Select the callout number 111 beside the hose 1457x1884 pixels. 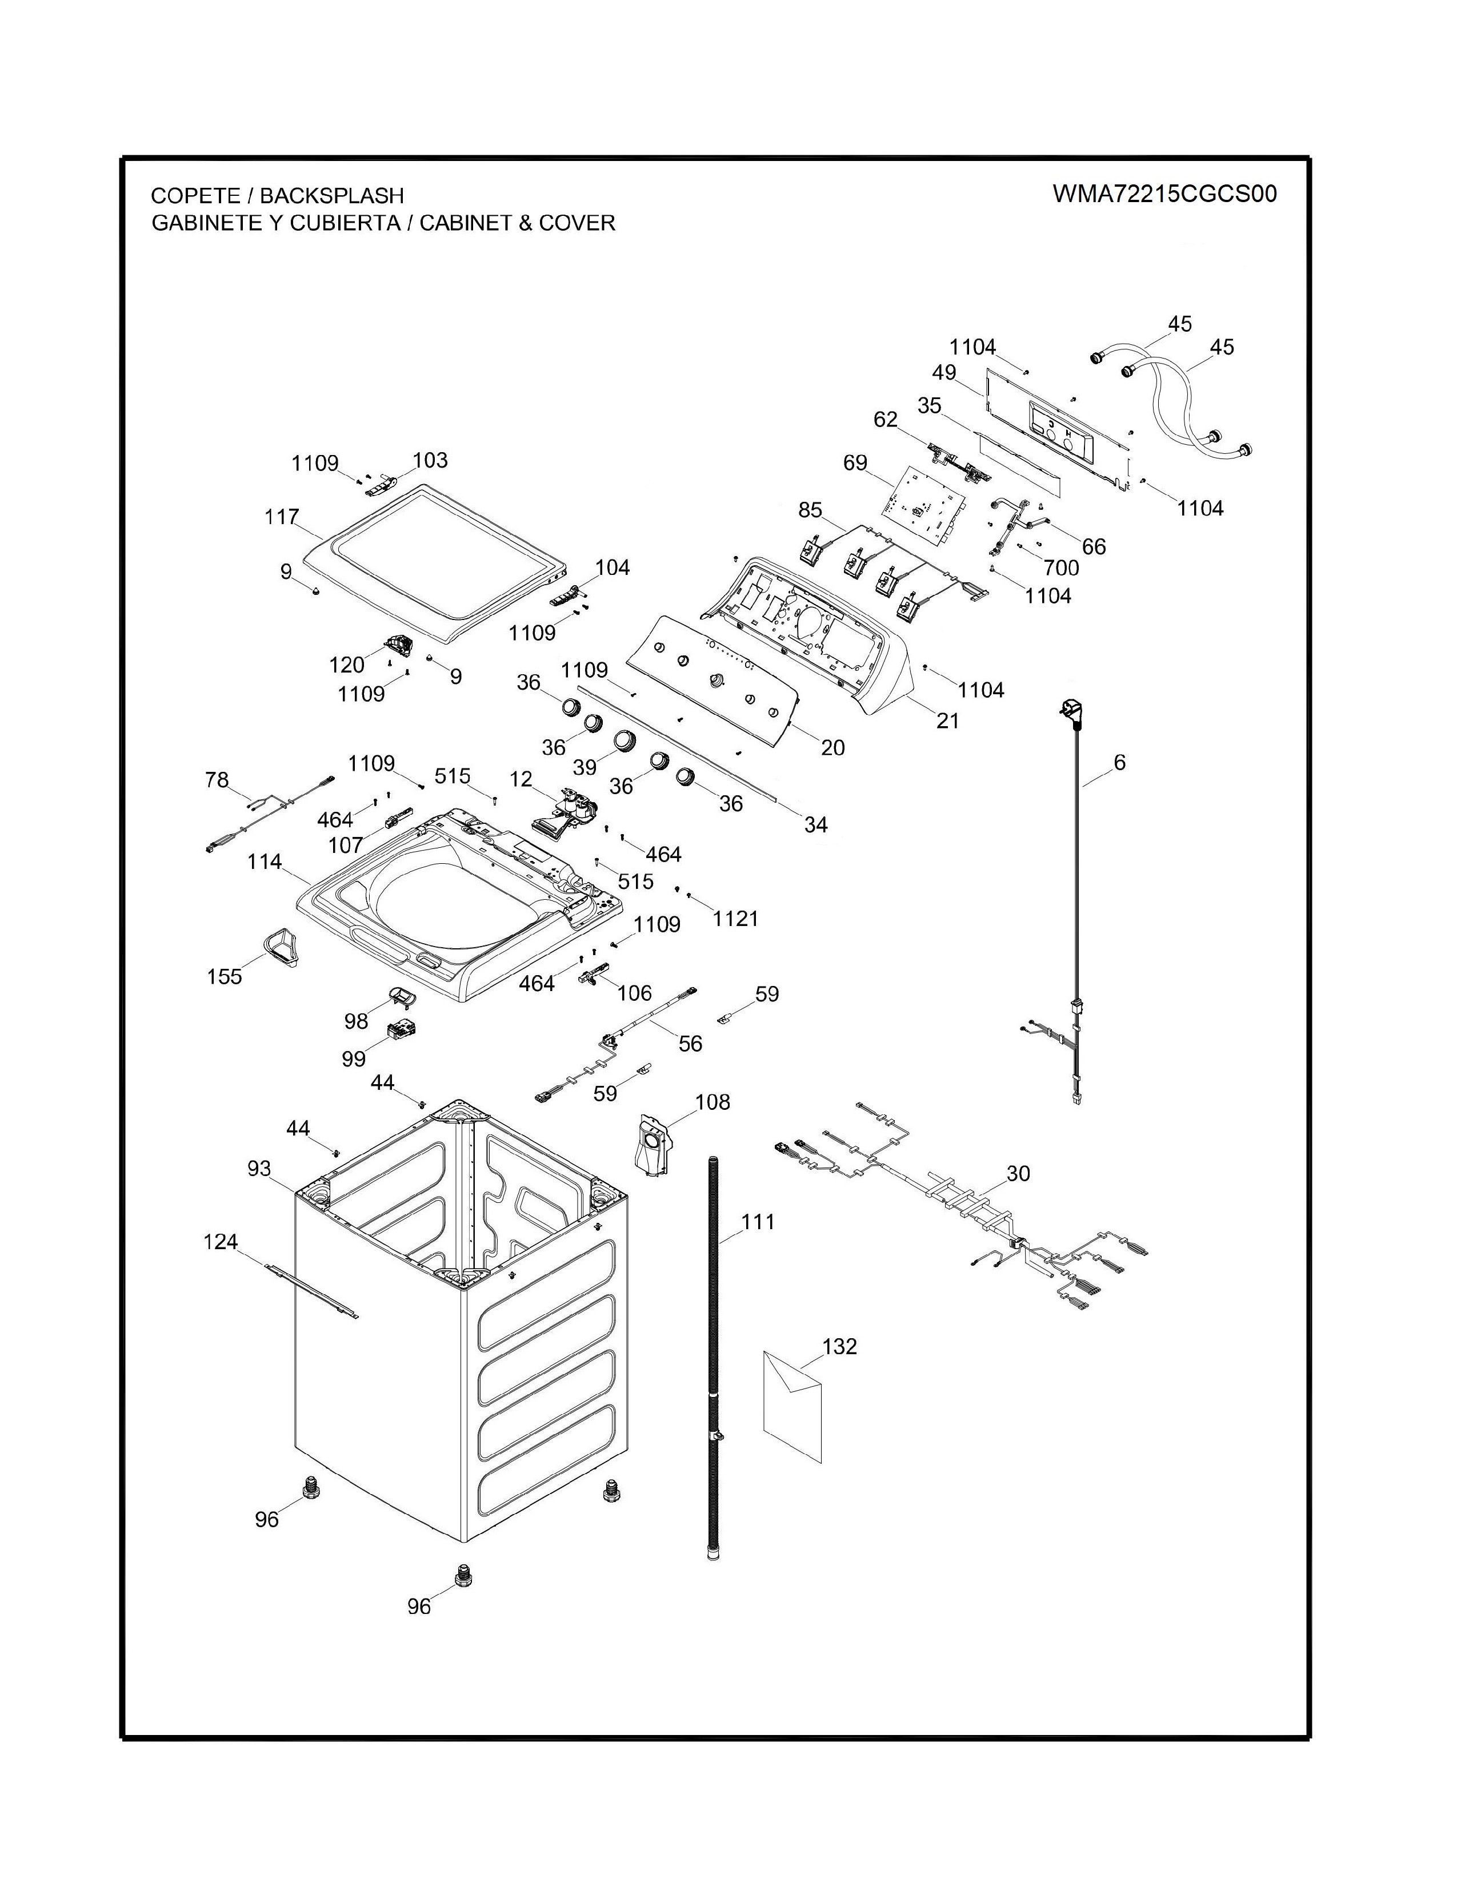758,1222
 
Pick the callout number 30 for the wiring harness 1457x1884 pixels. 1019,1173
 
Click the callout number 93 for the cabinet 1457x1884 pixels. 259,1168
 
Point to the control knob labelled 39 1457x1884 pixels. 624,740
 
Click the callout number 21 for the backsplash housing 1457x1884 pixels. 948,720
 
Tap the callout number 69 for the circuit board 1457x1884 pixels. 855,463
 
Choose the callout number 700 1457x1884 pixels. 1061,567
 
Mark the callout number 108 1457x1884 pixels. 712,1102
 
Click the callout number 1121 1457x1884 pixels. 735,919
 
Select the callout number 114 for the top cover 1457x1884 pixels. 264,861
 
